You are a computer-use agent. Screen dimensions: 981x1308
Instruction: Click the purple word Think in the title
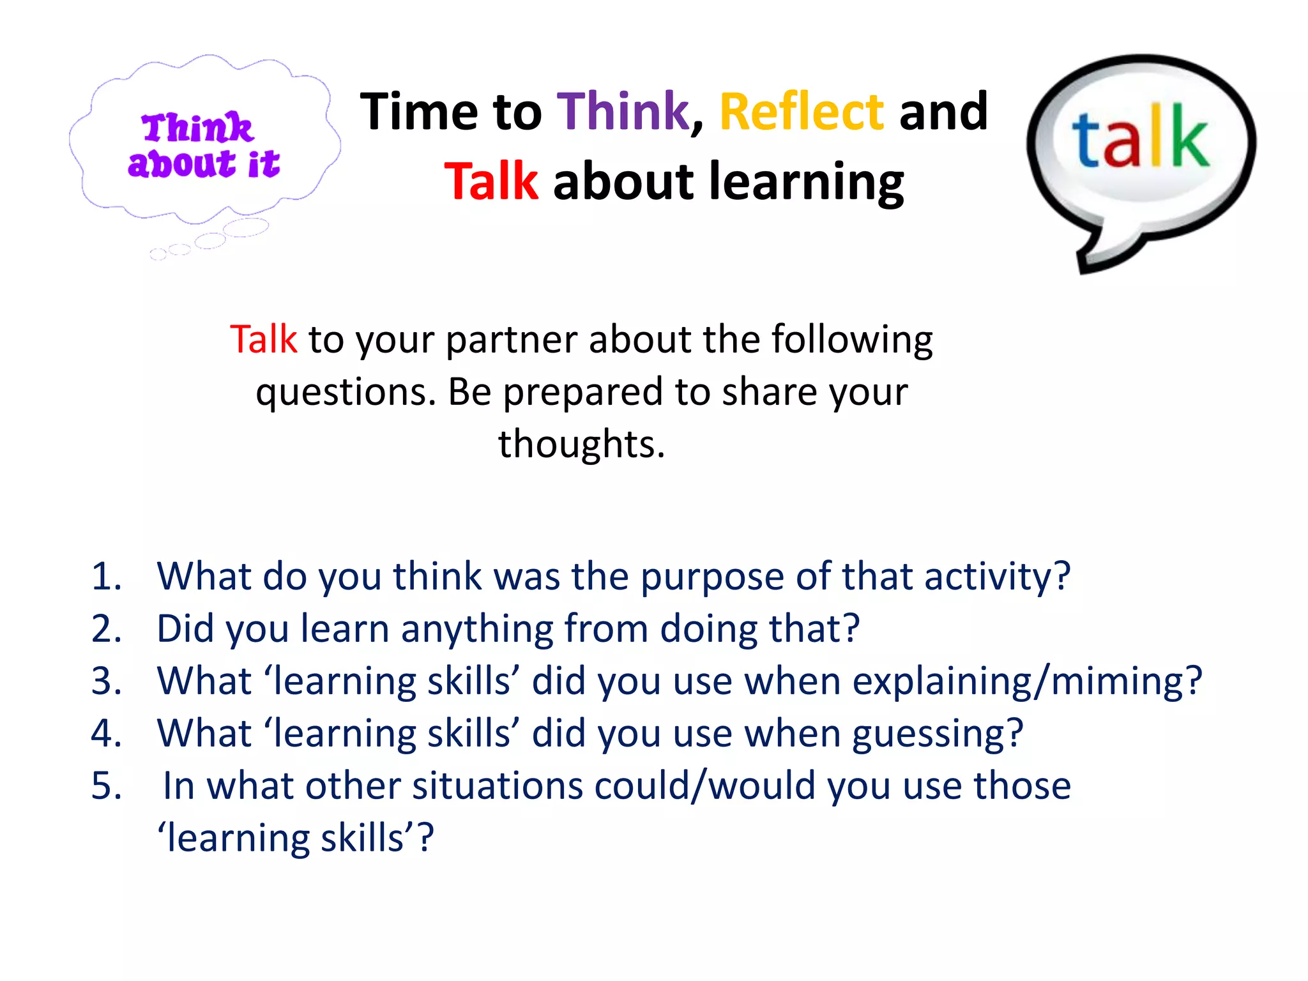click(x=623, y=112)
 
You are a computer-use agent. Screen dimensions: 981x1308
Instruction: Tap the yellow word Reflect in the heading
click(x=802, y=112)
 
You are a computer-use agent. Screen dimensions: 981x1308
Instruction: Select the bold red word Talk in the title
click(x=491, y=182)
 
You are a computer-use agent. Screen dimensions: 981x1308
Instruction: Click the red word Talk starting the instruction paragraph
click(x=263, y=339)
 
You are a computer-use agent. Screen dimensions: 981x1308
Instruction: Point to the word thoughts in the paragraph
click(x=581, y=444)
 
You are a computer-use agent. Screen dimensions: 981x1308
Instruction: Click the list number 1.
click(x=106, y=576)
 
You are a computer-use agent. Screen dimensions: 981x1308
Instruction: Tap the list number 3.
click(x=106, y=681)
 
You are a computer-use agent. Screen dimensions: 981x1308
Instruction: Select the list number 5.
click(x=106, y=786)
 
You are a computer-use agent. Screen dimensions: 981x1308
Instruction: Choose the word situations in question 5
click(x=498, y=786)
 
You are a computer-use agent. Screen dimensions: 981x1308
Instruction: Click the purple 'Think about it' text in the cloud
click(x=202, y=146)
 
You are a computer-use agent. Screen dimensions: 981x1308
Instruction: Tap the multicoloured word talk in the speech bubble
click(x=1141, y=139)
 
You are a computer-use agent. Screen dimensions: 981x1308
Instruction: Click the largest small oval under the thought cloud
click(x=245, y=227)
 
